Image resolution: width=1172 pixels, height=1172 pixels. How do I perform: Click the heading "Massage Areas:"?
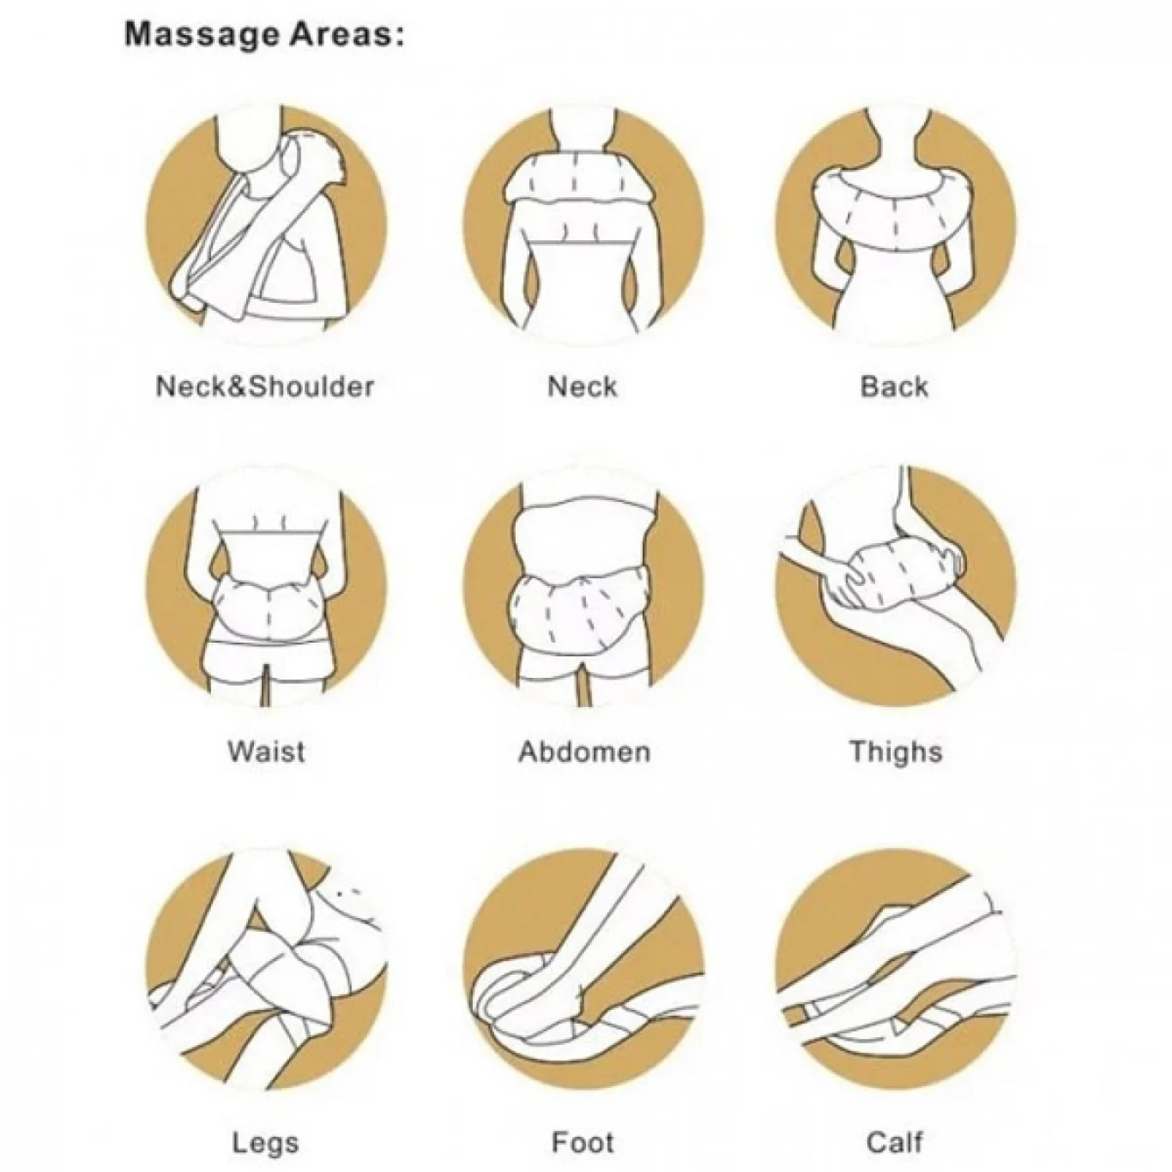[264, 36]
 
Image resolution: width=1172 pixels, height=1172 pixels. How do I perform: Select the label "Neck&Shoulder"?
[265, 387]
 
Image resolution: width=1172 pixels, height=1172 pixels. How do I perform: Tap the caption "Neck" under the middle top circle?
[582, 387]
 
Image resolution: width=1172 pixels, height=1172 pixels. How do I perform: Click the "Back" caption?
[894, 387]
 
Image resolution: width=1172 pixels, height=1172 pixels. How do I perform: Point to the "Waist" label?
[266, 752]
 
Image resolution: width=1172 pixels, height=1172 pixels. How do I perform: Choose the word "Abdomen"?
[583, 752]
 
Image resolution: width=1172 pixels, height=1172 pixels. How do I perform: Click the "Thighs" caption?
[895, 752]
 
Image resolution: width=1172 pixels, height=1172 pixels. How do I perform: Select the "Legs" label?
[266, 1115]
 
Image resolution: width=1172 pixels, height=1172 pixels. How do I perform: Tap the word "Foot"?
[583, 1115]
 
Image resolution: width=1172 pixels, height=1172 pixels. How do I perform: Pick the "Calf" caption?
[894, 1115]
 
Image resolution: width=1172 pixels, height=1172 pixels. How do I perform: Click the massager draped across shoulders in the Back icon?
[894, 200]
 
